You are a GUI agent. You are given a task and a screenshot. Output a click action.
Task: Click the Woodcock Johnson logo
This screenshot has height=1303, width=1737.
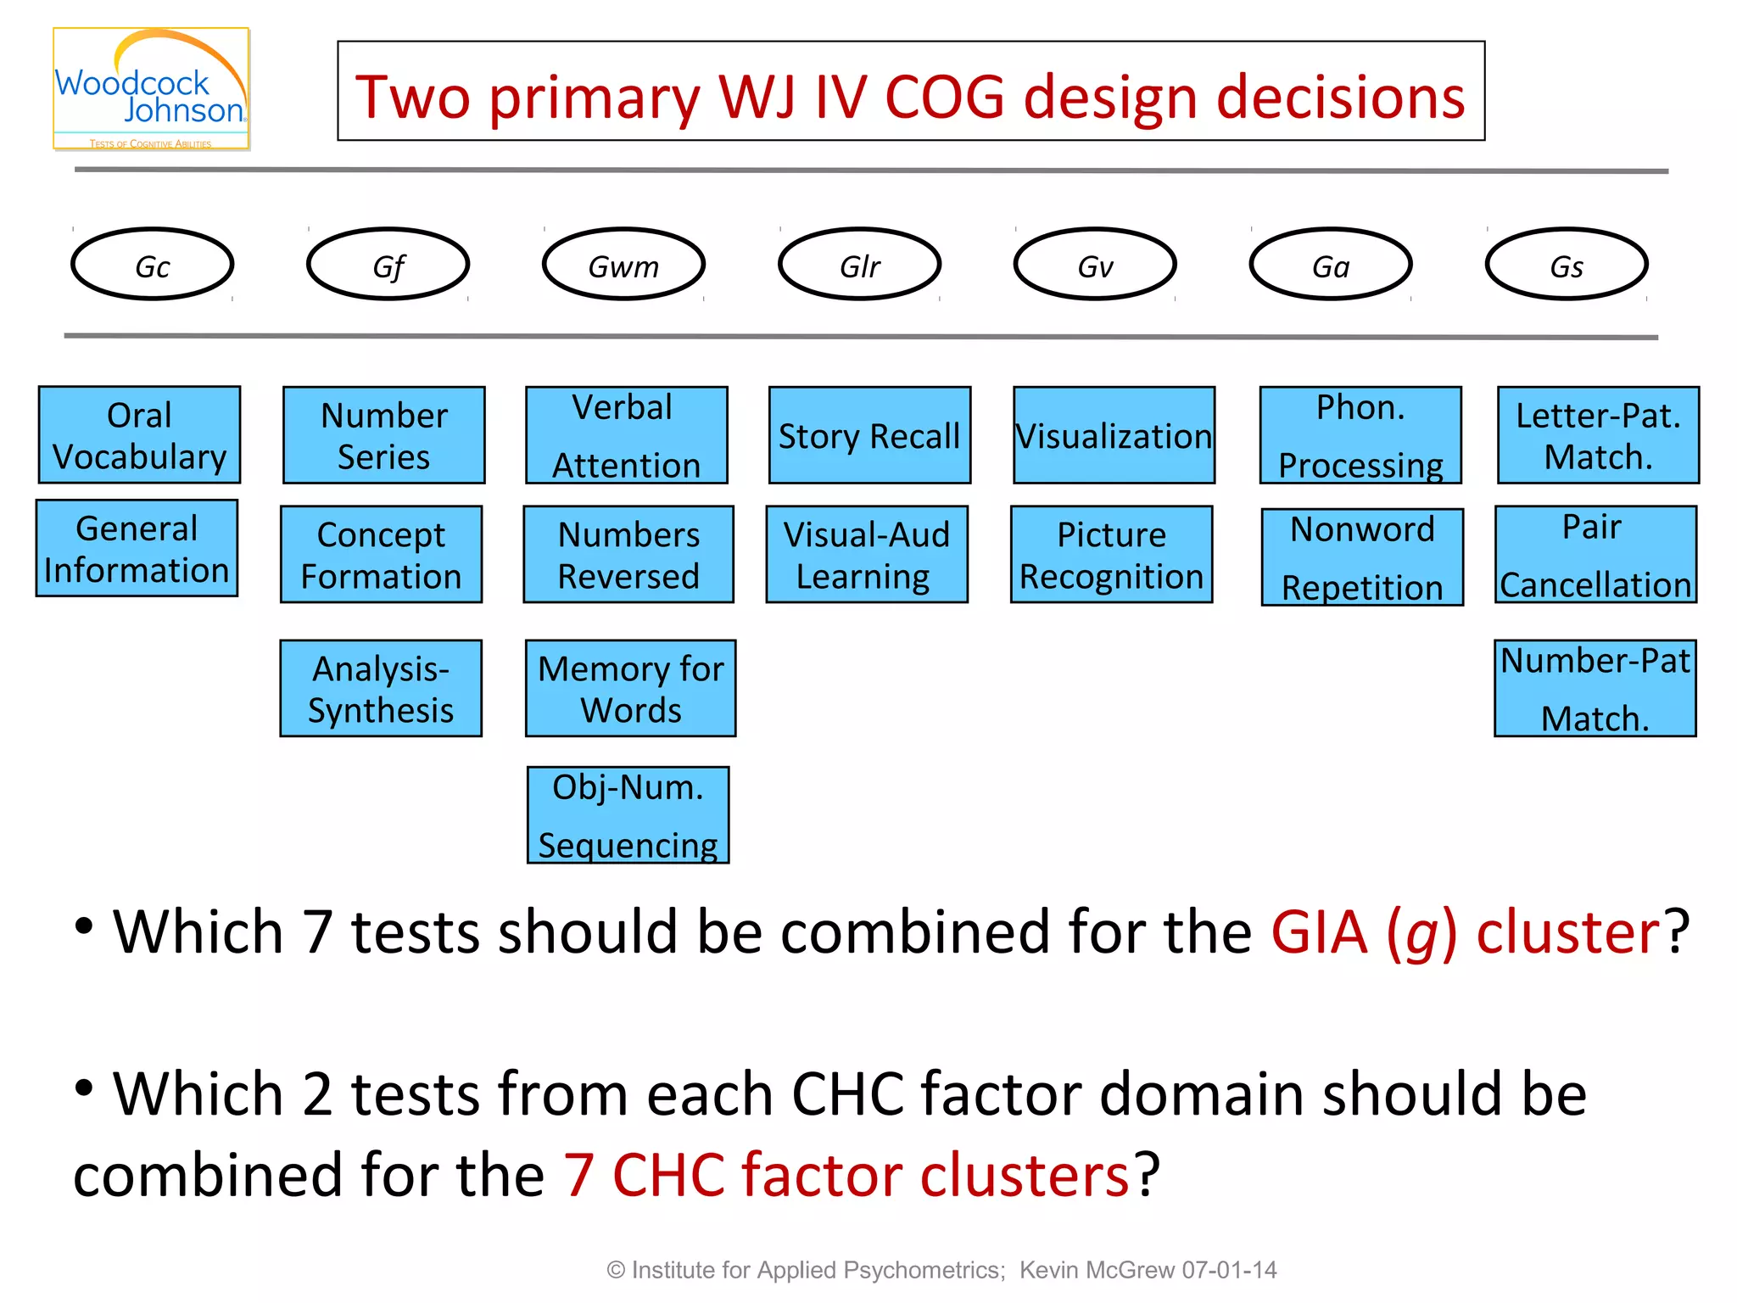(x=151, y=90)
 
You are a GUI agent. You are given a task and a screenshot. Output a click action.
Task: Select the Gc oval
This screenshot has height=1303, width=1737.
(x=153, y=265)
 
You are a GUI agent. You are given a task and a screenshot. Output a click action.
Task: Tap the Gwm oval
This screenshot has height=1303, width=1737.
(x=623, y=265)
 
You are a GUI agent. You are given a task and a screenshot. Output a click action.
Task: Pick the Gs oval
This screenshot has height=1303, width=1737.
(x=1566, y=265)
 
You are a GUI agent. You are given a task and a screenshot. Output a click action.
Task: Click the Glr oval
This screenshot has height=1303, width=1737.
(x=859, y=265)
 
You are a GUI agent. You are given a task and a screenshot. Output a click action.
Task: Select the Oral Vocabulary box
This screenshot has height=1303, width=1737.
(x=140, y=435)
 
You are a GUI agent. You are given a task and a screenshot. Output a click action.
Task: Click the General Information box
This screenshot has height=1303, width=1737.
(x=137, y=549)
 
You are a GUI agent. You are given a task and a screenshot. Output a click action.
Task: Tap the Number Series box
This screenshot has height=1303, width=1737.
(x=384, y=435)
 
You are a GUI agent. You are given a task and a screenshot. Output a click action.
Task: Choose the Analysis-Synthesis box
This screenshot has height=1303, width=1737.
(x=381, y=688)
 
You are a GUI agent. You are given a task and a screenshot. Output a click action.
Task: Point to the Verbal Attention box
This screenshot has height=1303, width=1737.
(x=626, y=435)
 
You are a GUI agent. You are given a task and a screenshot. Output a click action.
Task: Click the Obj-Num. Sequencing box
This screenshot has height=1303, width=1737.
(x=628, y=815)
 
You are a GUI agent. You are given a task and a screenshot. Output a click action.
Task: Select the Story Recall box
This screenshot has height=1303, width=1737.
(x=869, y=435)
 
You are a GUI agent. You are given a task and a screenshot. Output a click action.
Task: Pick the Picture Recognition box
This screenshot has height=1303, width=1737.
(x=1111, y=555)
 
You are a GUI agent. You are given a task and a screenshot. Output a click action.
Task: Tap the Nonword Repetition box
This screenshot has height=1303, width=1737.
(x=1362, y=557)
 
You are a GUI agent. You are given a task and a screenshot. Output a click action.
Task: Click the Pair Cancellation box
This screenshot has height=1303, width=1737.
(x=1595, y=555)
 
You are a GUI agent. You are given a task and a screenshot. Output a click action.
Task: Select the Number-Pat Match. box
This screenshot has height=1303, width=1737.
(x=1595, y=688)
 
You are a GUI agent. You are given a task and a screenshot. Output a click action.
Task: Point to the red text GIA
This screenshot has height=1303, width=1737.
(x=1319, y=932)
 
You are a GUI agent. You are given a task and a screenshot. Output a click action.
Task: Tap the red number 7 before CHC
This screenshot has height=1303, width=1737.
(x=578, y=1175)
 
